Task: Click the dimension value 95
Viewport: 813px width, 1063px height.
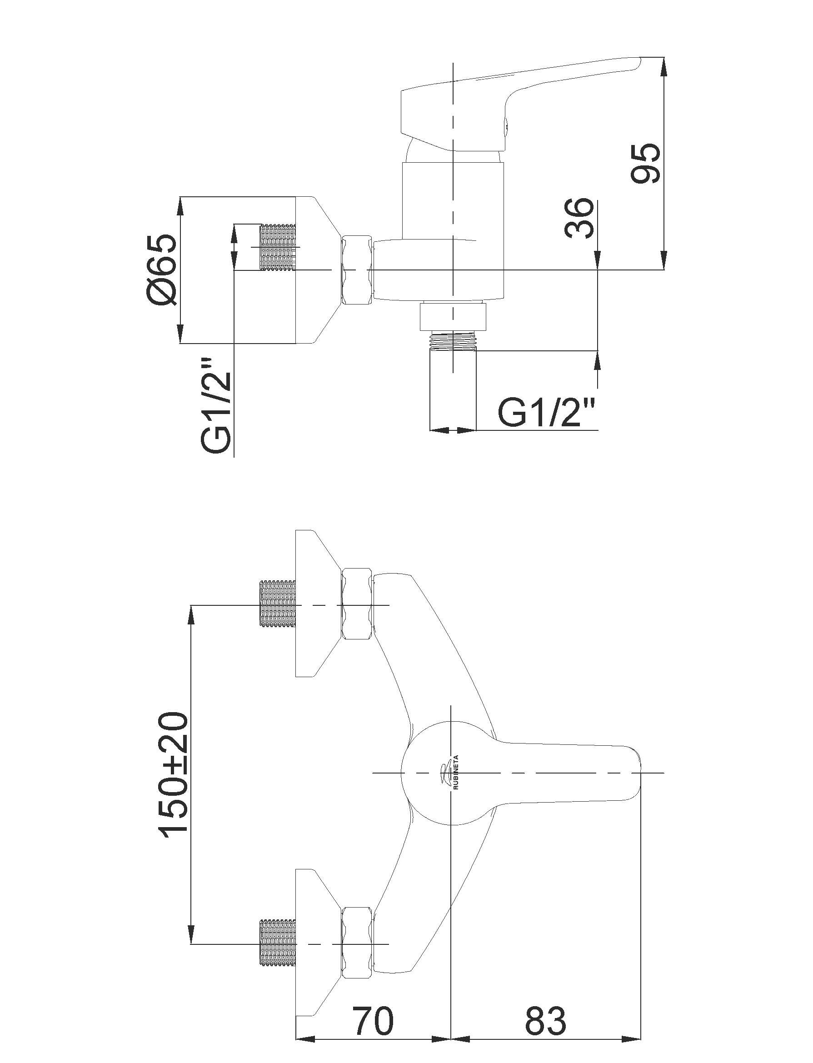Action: [x=646, y=163]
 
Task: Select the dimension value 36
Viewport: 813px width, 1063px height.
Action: [x=579, y=217]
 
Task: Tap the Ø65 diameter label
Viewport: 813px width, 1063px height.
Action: [x=162, y=269]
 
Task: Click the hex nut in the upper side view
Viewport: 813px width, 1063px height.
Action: [x=358, y=269]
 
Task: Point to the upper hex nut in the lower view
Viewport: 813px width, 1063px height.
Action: [x=358, y=605]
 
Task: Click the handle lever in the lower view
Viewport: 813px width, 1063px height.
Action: [x=566, y=773]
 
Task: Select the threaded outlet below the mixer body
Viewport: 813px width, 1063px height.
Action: [x=453, y=340]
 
